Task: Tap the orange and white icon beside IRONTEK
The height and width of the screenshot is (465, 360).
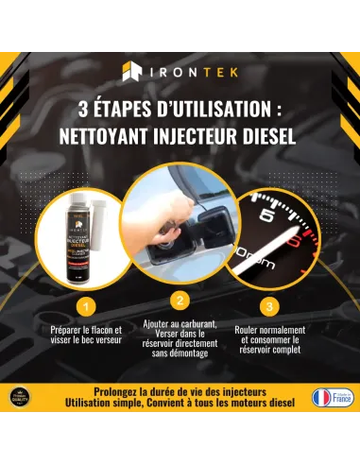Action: (x=133, y=72)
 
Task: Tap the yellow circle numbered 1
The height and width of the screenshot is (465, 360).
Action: (x=87, y=307)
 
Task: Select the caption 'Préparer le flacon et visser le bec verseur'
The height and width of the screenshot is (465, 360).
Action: (x=86, y=337)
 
